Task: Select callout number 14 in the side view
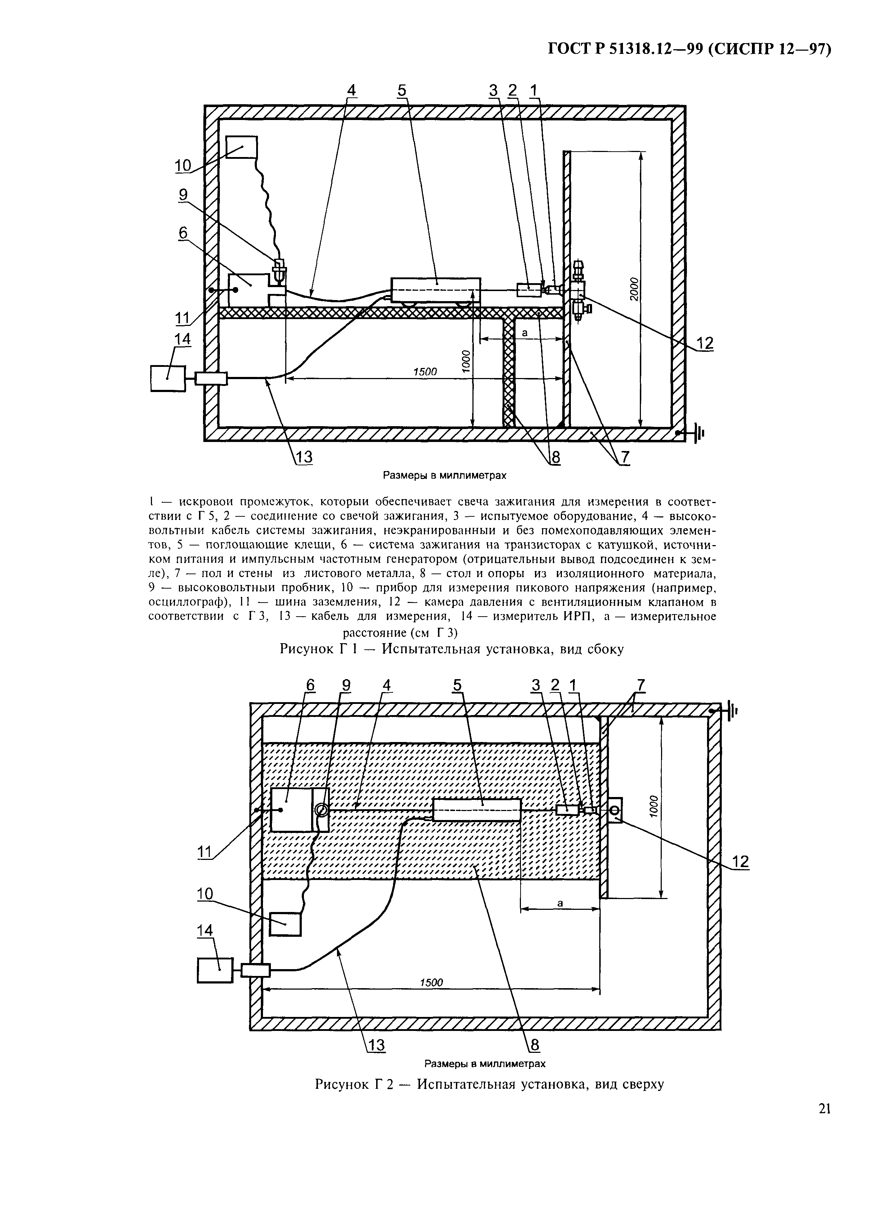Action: point(182,340)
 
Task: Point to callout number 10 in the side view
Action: point(183,166)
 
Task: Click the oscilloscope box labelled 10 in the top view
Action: point(285,923)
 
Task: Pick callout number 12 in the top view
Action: point(740,861)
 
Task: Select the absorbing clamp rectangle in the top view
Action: point(477,810)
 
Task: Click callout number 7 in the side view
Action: point(624,458)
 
